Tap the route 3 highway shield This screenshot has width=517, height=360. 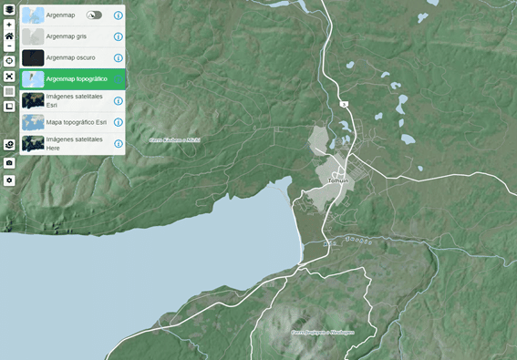(x=345, y=106)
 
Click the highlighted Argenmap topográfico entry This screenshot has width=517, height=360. (x=77, y=79)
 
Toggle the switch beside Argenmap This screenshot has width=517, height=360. (x=95, y=15)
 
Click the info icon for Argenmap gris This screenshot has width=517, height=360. (x=119, y=36)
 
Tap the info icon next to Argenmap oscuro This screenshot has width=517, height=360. (x=119, y=57)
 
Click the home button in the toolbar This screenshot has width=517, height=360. (x=9, y=36)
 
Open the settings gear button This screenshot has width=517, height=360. (x=9, y=180)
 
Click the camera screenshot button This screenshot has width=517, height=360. (x=9, y=162)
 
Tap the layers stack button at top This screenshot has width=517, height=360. (x=9, y=9)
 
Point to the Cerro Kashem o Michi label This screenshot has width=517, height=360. (x=174, y=140)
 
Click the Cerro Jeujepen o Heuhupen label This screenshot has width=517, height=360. (x=321, y=332)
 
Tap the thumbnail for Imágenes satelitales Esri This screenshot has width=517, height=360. (x=33, y=100)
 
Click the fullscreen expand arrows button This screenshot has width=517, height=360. (x=9, y=77)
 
